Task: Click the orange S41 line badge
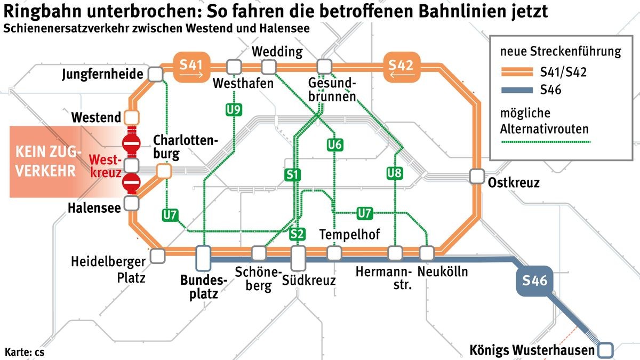[191, 67]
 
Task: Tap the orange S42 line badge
[401, 67]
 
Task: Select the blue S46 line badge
[535, 280]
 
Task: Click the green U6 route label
[335, 145]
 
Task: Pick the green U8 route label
[395, 172]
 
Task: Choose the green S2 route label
[297, 234]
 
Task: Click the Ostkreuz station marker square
[476, 177]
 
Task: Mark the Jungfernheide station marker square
[155, 74]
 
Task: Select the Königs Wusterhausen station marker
[606, 350]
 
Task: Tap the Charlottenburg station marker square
[164, 171]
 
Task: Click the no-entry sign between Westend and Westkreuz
[131, 143]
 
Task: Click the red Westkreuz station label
[106, 166]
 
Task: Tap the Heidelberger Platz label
[108, 269]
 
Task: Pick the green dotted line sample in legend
[545, 142]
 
